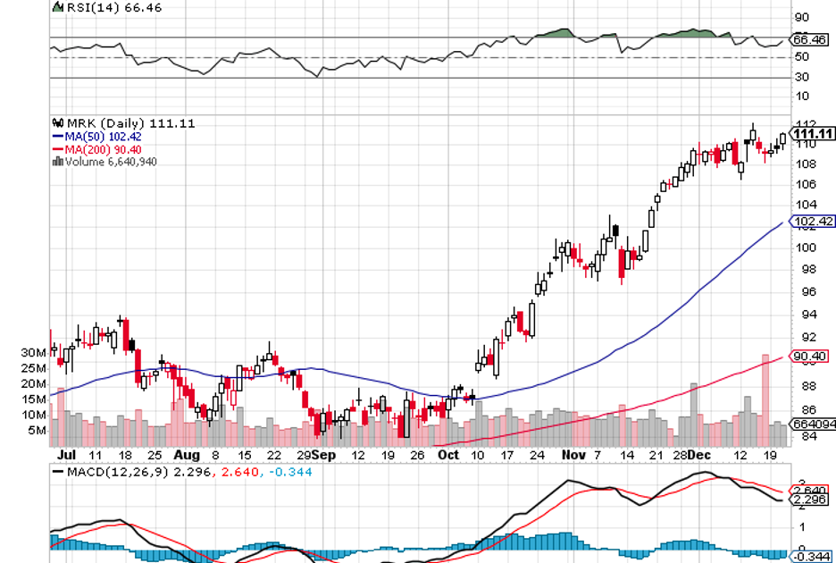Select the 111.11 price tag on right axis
coord(813,133)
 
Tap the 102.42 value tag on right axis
coord(813,221)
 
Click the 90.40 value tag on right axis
coord(811,357)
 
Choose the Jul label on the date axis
coord(64,455)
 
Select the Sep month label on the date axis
coord(326,455)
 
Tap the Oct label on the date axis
coord(447,455)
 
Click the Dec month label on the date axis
coord(699,455)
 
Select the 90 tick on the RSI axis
coord(802,17)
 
